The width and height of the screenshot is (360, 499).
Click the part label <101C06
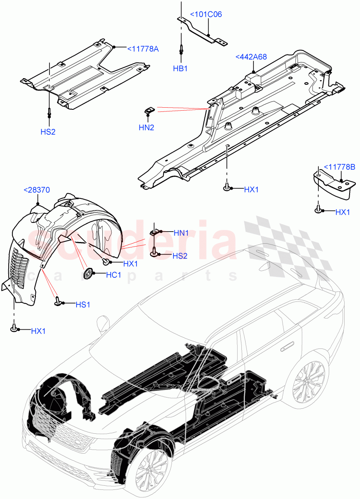click(206, 15)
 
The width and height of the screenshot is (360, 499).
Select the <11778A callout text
click(143, 49)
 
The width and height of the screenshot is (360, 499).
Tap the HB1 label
click(180, 69)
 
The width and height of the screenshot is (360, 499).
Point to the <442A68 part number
click(251, 57)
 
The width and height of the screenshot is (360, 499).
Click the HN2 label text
click(146, 128)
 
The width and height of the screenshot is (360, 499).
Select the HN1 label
click(181, 233)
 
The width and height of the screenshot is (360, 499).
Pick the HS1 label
click(83, 305)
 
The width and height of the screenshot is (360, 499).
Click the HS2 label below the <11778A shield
click(48, 132)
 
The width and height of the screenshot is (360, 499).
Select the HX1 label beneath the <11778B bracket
click(343, 212)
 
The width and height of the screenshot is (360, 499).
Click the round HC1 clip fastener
click(88, 273)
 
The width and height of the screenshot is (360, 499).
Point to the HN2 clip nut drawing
click(149, 110)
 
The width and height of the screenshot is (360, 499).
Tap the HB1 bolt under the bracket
click(181, 49)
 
